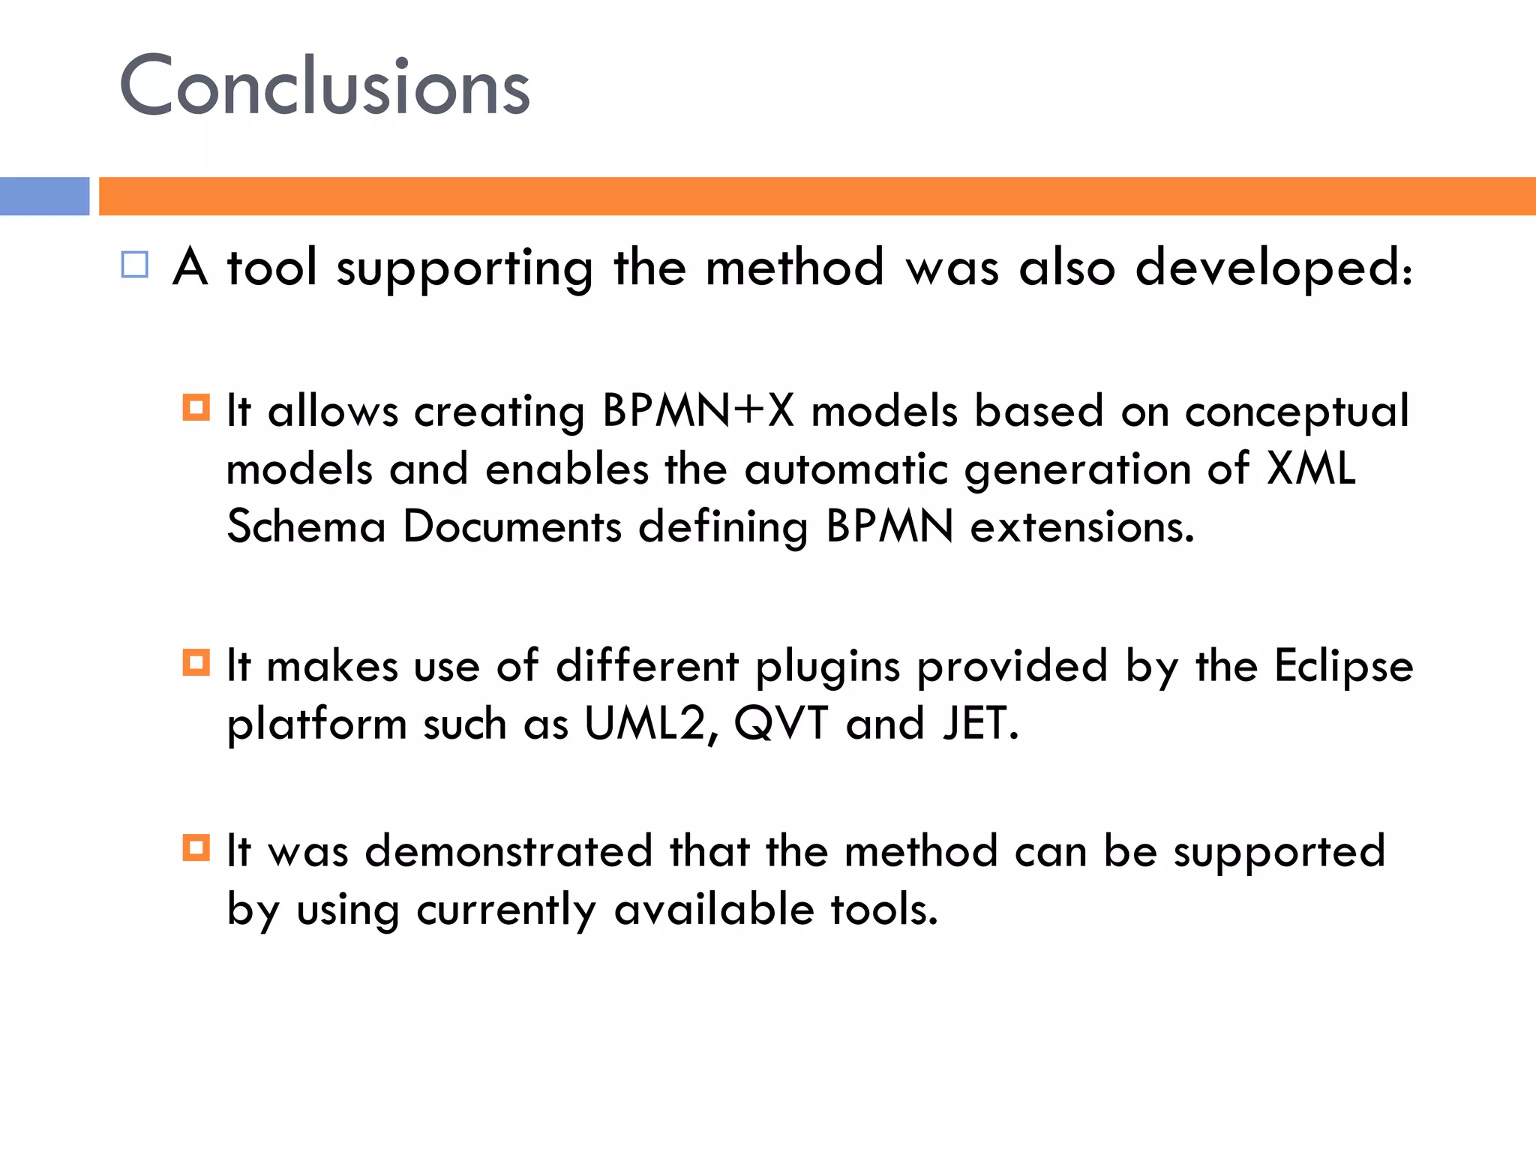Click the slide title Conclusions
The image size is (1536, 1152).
click(x=325, y=86)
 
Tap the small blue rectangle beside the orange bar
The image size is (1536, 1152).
click(x=44, y=196)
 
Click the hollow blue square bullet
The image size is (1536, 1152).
click(x=135, y=265)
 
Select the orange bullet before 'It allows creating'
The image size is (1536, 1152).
click(x=196, y=407)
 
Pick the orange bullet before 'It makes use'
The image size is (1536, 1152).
click(x=196, y=662)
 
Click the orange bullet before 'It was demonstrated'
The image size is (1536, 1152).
click(x=196, y=848)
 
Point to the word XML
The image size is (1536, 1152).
click(x=1311, y=469)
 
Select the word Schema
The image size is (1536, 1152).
click(x=306, y=526)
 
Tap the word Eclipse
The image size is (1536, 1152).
click(x=1343, y=666)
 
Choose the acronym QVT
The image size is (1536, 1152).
click(x=781, y=724)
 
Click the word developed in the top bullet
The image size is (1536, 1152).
click(x=1273, y=268)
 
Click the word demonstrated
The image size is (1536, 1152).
click(x=508, y=851)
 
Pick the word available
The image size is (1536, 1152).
click(x=713, y=909)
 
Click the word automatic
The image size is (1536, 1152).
click(x=846, y=469)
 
